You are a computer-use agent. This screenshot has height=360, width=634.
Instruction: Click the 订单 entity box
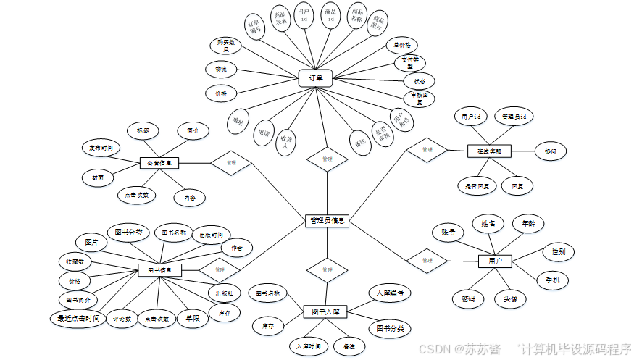click(x=316, y=78)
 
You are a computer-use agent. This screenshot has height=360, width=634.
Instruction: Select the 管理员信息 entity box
click(x=327, y=220)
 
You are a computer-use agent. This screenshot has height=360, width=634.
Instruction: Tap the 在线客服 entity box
click(x=489, y=151)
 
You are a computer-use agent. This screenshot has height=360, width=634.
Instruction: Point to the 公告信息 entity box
click(x=159, y=163)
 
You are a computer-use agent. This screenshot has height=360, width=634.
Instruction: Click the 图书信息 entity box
click(x=159, y=270)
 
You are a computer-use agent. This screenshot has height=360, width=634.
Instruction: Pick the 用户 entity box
click(x=496, y=261)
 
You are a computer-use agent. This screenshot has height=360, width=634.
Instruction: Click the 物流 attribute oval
click(x=221, y=70)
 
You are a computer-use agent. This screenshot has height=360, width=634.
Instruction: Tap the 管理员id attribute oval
click(x=514, y=116)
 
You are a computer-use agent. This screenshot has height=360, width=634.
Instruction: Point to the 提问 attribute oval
click(x=551, y=151)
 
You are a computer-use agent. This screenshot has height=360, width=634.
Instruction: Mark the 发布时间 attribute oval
click(x=101, y=148)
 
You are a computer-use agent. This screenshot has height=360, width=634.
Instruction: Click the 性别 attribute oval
click(x=558, y=252)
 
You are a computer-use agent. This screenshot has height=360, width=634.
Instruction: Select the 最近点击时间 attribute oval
click(x=78, y=318)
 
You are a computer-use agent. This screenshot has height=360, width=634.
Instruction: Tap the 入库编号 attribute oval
click(x=389, y=293)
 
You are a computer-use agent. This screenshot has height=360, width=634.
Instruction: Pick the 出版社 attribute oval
click(x=222, y=293)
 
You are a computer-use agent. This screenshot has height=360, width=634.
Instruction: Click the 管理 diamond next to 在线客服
click(x=426, y=150)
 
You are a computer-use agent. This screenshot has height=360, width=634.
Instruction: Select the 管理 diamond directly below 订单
click(x=327, y=159)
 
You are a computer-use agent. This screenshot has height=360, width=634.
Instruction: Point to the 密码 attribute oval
click(x=468, y=298)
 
